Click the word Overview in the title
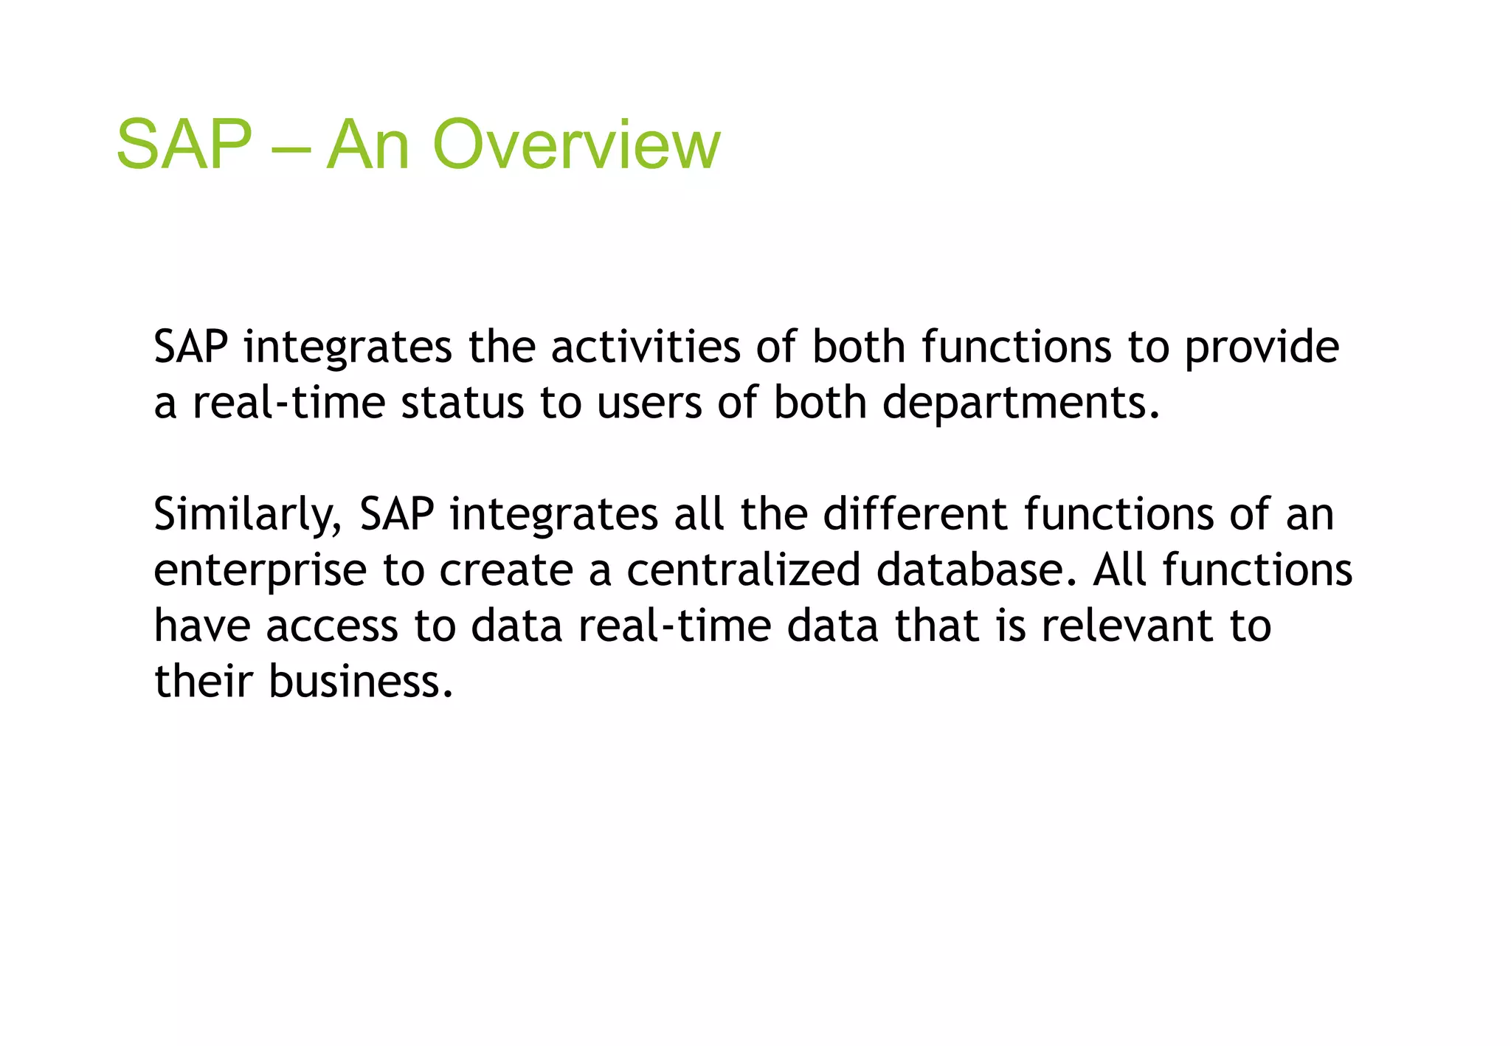pyautogui.click(x=575, y=145)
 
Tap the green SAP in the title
pyautogui.click(x=184, y=145)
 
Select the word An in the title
pyautogui.click(x=367, y=145)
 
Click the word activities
pyautogui.click(x=646, y=347)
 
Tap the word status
pyautogui.click(x=462, y=403)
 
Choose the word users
pyautogui.click(x=649, y=403)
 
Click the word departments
pyautogui.click(x=1020, y=403)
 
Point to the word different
pyautogui.click(x=915, y=514)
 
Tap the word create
pyautogui.click(x=506, y=571)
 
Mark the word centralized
pyautogui.click(x=743, y=571)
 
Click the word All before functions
pyautogui.click(x=1119, y=571)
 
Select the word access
pyautogui.click(x=332, y=627)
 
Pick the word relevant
pyautogui.click(x=1127, y=627)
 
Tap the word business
pyautogui.click(x=360, y=682)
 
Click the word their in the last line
pyautogui.click(x=203, y=682)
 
